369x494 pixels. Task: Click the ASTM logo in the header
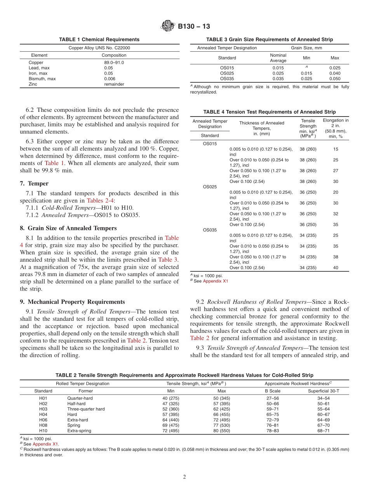pyautogui.click(x=168, y=26)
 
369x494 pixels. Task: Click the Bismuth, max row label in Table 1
pyautogui.click(x=42, y=79)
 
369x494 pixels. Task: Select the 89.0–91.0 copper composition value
pyautogui.click(x=114, y=63)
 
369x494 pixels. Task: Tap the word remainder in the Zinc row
pyautogui.click(x=114, y=84)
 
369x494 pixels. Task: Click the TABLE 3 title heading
pyautogui.click(x=269, y=40)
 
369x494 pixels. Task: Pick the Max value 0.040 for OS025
pyautogui.click(x=334, y=73)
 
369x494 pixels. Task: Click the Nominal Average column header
pyautogui.click(x=278, y=58)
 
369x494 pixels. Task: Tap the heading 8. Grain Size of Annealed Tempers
pyautogui.click(x=68, y=228)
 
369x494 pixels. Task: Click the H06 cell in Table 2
pyautogui.click(x=43, y=420)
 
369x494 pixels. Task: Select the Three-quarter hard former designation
pyautogui.click(x=86, y=409)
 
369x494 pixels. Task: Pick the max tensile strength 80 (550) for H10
pyautogui.click(x=221, y=431)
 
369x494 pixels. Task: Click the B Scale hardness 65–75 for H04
pyautogui.click(x=272, y=414)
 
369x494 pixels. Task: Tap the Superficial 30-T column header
pyautogui.click(x=323, y=391)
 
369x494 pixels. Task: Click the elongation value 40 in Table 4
pyautogui.click(x=336, y=268)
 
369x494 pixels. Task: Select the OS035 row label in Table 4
pyautogui.click(x=211, y=230)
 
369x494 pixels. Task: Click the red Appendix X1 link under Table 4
pyautogui.click(x=216, y=281)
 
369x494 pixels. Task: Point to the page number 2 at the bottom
pyautogui.click(x=184, y=477)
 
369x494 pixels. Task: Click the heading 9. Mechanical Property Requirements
pyautogui.click(x=72, y=302)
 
